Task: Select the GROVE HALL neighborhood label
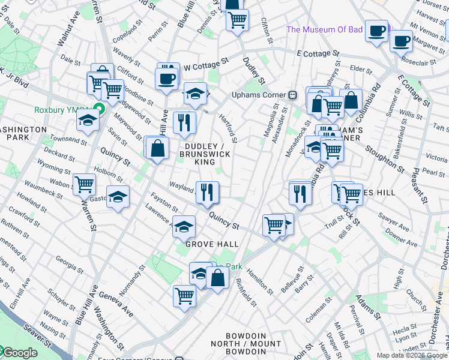212,244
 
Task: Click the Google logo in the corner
19,353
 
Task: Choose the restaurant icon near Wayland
207,192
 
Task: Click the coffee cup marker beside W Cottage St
166,77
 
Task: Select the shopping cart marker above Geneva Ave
185,295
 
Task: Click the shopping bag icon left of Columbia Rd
351,100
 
